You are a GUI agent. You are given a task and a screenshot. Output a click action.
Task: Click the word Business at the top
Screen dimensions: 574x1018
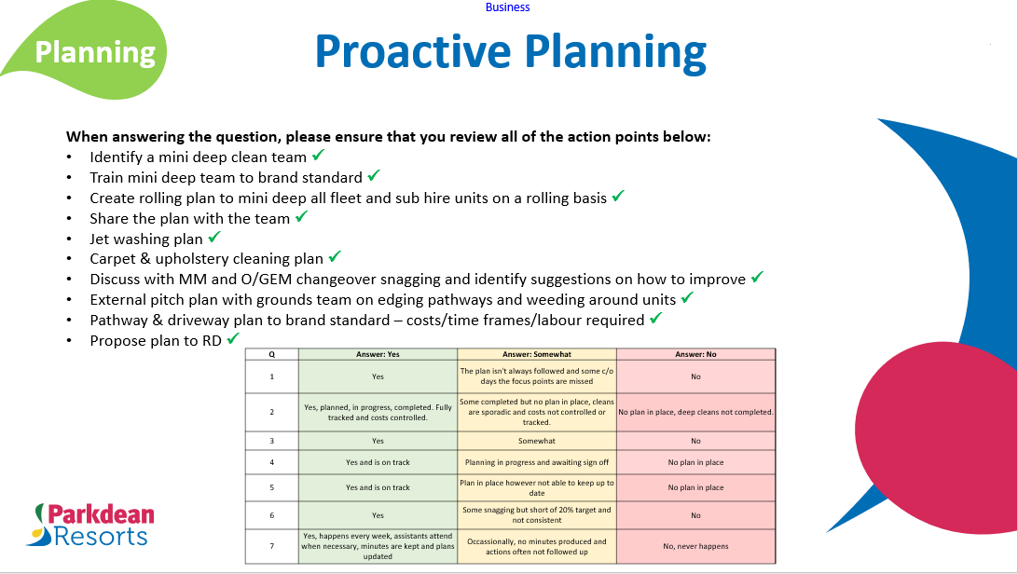(507, 7)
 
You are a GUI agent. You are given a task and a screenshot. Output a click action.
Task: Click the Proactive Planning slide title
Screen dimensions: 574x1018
(510, 52)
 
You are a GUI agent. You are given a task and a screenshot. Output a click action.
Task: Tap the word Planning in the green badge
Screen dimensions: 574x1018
(95, 52)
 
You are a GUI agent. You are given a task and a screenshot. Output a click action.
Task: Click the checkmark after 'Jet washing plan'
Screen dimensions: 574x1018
(214, 238)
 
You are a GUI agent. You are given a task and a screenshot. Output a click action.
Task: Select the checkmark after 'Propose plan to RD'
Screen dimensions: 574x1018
(234, 340)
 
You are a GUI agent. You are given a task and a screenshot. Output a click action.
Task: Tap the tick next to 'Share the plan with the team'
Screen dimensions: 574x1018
(301, 217)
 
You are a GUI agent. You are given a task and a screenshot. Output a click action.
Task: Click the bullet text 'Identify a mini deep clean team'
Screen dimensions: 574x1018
(199, 157)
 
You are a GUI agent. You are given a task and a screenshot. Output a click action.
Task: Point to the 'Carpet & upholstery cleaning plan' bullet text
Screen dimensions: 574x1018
(206, 259)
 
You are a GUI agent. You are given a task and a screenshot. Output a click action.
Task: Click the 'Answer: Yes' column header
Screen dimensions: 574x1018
(378, 354)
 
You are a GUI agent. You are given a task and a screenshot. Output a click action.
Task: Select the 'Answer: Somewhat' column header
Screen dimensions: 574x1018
(536, 354)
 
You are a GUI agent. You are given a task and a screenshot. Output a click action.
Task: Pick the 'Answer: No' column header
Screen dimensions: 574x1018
(695, 354)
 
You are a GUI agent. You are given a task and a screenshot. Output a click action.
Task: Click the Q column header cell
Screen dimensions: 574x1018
(271, 354)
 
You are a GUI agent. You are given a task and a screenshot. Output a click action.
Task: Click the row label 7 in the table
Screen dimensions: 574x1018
(271, 546)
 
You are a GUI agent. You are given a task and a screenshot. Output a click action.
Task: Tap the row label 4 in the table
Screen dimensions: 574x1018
(271, 462)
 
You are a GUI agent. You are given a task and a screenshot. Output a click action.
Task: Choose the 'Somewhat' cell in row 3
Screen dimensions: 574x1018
(536, 441)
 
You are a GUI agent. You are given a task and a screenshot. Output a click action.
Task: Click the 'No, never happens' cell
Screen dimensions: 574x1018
(695, 546)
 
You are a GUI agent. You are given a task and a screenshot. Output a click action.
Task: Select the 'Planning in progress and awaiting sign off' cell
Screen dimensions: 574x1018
(536, 462)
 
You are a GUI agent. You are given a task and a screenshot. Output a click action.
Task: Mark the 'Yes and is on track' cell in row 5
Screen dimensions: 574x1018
(378, 487)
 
